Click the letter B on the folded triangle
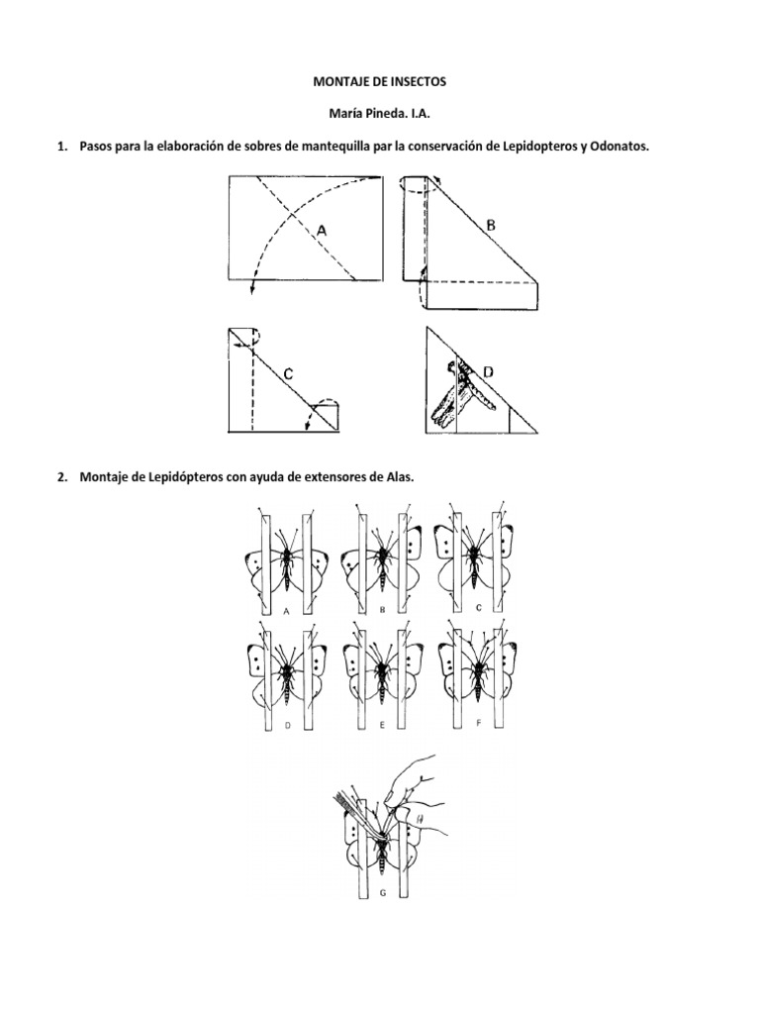[x=490, y=226]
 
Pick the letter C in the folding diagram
[x=286, y=373]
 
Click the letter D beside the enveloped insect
[x=488, y=371]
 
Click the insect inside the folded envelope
[x=458, y=393]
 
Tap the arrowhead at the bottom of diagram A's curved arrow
[x=253, y=289]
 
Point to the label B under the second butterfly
[x=381, y=611]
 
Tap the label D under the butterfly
[x=286, y=725]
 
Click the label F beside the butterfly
[x=478, y=723]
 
